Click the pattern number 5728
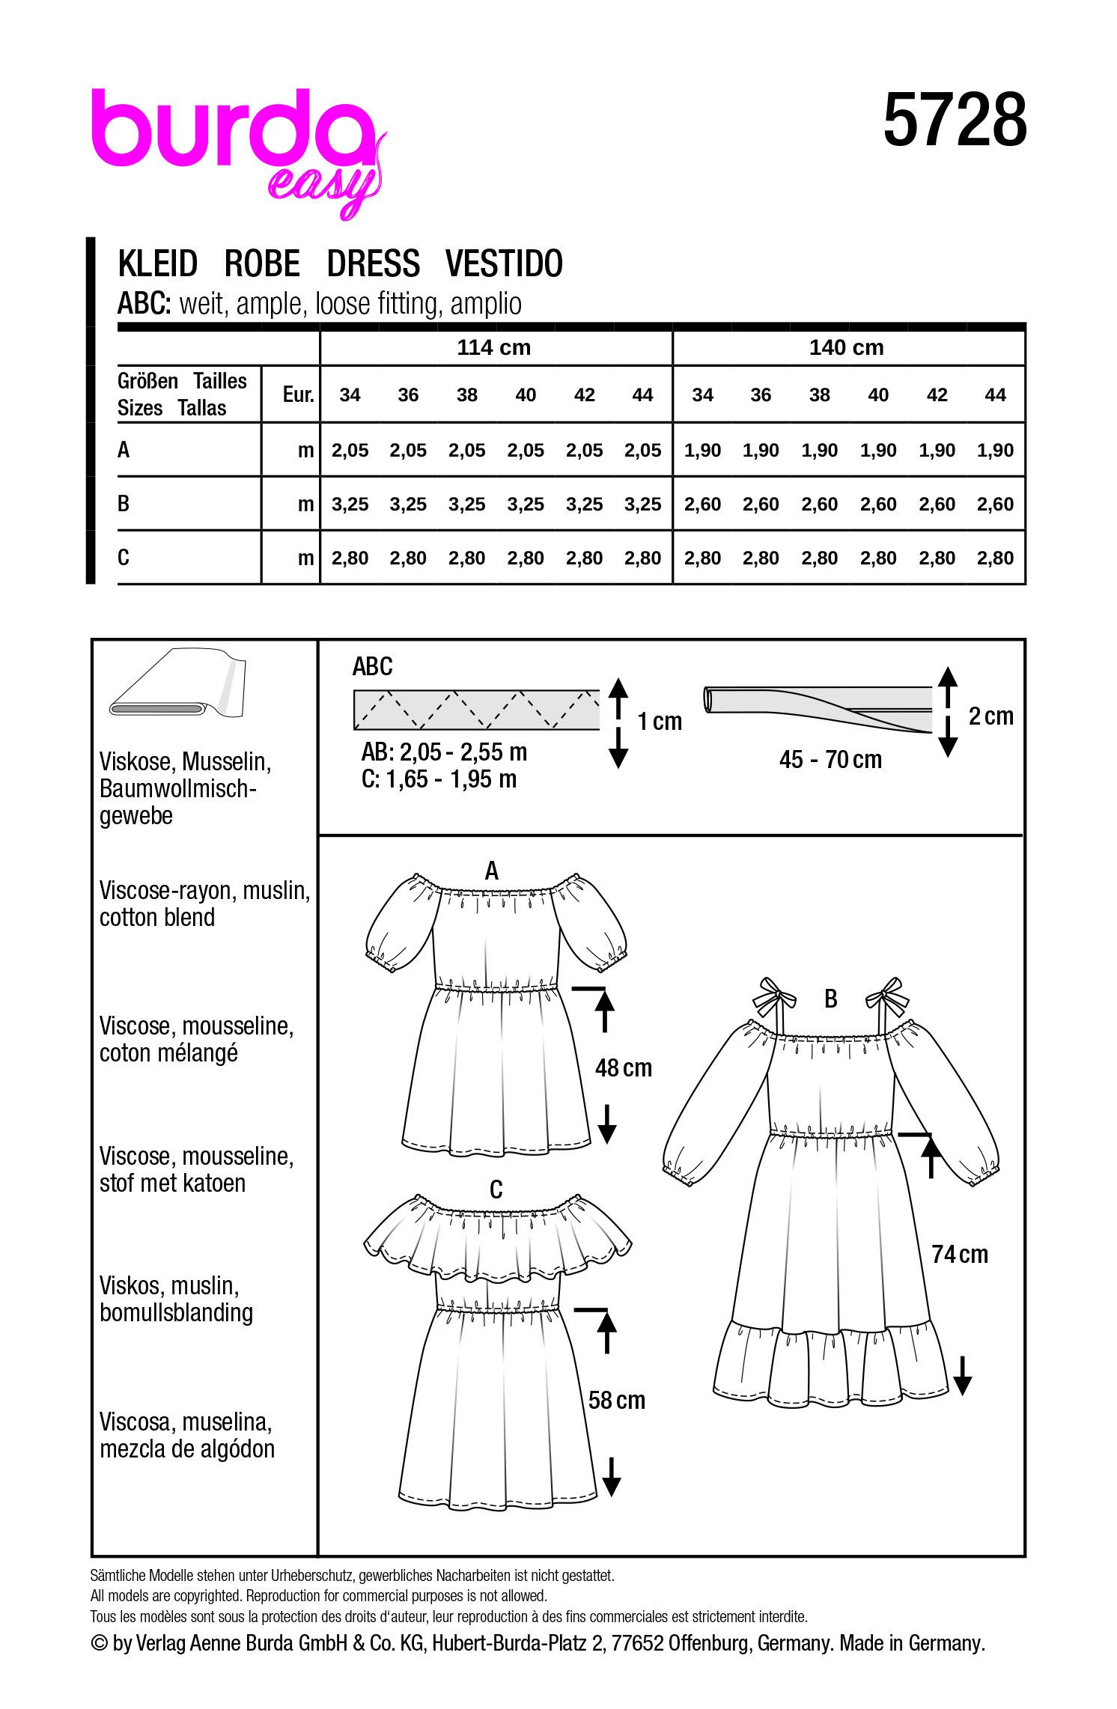tap(955, 121)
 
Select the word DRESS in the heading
tap(373, 264)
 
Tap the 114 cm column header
tap(494, 347)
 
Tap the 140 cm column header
tap(846, 347)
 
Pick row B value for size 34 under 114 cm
tap(350, 505)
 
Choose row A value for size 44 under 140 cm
tap(995, 451)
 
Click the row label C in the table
tap(124, 558)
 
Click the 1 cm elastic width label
tap(660, 722)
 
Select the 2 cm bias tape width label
tap(990, 716)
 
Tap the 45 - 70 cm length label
tap(830, 760)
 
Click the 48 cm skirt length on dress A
tap(623, 1068)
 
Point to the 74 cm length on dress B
tap(959, 1255)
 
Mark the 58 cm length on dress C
tap(616, 1401)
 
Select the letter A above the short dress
tap(492, 871)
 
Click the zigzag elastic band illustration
tap(476, 710)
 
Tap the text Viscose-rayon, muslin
tap(204, 891)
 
